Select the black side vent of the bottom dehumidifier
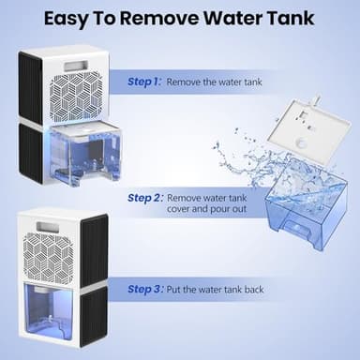tap(94, 281)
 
